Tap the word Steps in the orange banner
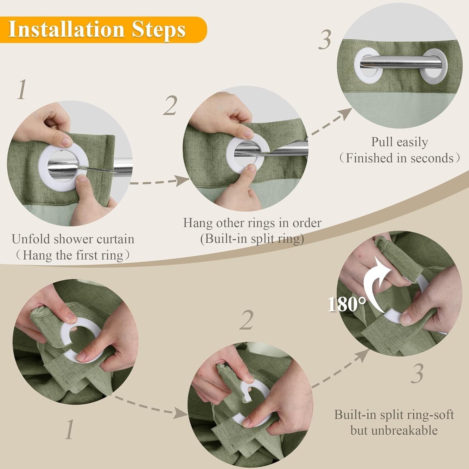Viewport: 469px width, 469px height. tap(159, 30)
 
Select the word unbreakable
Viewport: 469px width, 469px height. tap(394, 430)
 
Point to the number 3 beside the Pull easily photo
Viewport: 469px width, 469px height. tap(325, 40)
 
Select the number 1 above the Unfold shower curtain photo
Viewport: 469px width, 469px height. tap(22, 90)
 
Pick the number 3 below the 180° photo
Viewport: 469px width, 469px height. tap(417, 374)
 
